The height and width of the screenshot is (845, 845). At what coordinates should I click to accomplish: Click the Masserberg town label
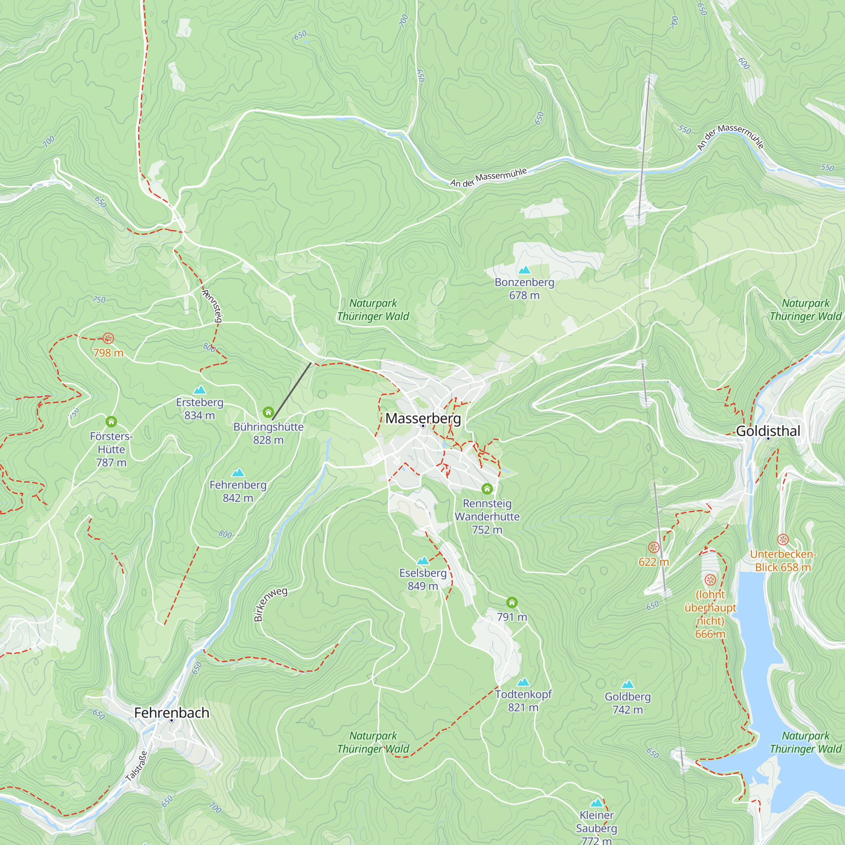[423, 419]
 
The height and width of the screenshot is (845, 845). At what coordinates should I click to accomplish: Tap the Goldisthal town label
[768, 431]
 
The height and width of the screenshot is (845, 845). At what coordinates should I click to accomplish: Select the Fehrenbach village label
[172, 713]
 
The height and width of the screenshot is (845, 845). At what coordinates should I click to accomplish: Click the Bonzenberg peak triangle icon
[524, 270]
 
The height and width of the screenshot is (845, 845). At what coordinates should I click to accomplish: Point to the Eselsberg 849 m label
[422, 580]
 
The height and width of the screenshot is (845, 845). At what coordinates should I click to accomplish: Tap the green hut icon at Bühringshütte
[268, 412]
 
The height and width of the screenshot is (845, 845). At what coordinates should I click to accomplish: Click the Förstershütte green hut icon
[111, 422]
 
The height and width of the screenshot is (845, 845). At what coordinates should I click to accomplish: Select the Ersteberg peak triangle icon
[199, 390]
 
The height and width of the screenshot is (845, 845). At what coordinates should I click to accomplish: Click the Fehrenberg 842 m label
[237, 491]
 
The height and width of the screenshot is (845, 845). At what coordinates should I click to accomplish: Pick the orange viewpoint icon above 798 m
[108, 338]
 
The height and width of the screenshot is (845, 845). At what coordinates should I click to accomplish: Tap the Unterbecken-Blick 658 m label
[782, 561]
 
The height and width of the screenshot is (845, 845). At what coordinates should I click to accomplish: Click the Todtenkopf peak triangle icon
[523, 682]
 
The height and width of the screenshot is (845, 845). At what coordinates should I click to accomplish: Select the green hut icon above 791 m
[512, 602]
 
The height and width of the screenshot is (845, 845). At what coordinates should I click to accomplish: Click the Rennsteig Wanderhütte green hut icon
[487, 488]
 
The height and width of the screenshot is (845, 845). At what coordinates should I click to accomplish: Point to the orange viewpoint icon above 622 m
[654, 547]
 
